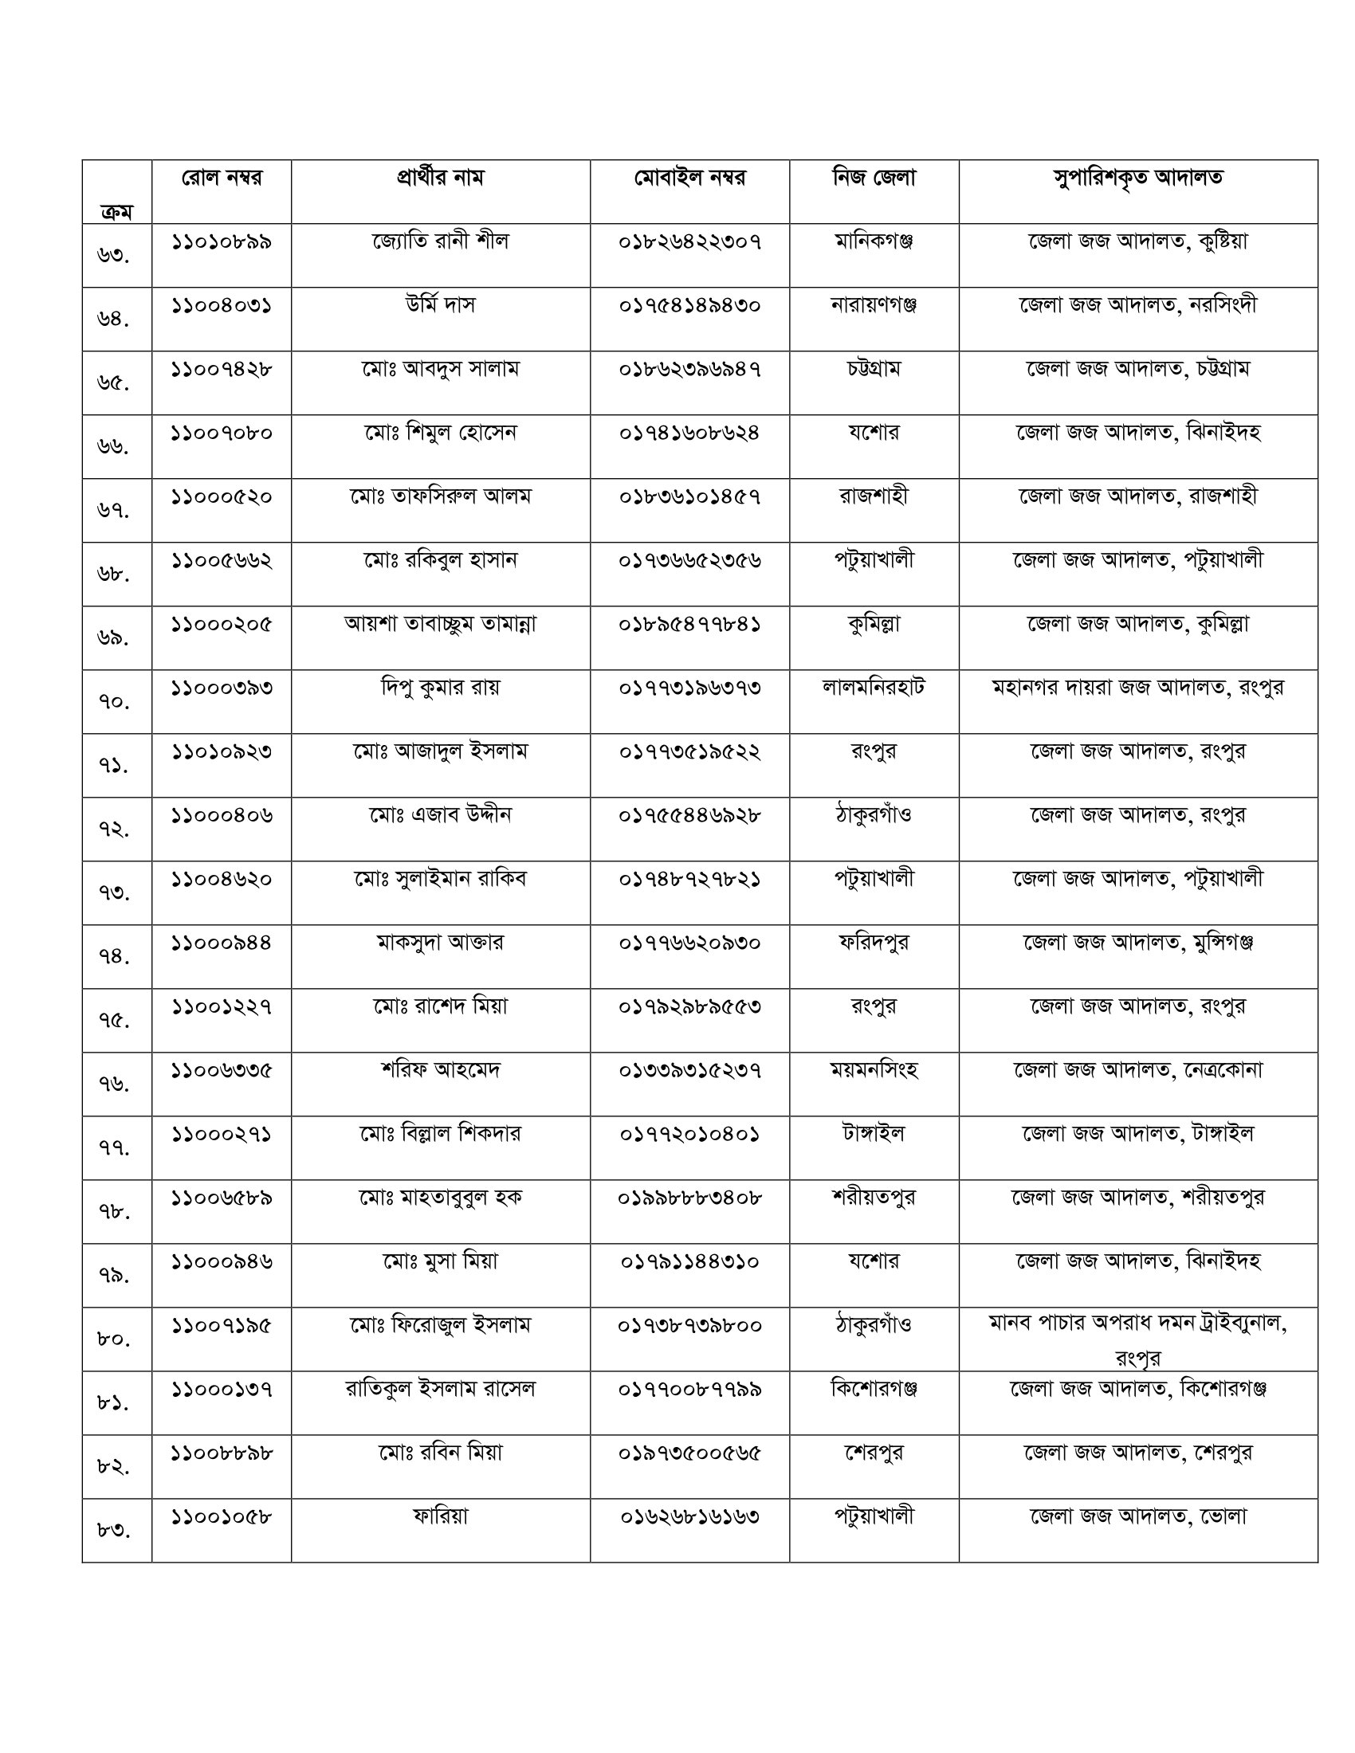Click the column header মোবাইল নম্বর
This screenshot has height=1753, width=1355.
(689, 178)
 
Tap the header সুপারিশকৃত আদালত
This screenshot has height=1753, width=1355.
(1137, 178)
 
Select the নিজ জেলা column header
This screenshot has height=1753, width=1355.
(874, 178)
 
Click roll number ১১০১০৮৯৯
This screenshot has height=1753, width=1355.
(222, 241)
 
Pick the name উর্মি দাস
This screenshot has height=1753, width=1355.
(440, 305)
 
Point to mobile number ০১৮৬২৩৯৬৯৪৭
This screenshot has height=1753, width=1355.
(689, 369)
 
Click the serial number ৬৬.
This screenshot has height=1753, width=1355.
(113, 446)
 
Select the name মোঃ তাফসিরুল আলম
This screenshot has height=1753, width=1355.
(440, 497)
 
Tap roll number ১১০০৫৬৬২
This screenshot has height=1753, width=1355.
(222, 560)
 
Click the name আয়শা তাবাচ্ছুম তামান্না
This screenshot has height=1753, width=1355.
(440, 624)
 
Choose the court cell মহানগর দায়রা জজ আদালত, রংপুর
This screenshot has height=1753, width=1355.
(1137, 688)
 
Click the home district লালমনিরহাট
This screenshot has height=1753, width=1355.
(874, 688)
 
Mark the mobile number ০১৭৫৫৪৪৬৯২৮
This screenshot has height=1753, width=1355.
(689, 815)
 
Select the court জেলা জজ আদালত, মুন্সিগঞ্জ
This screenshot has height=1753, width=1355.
(1137, 943)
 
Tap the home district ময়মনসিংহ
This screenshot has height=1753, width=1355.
(874, 1070)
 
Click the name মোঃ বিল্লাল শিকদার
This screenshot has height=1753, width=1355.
(440, 1134)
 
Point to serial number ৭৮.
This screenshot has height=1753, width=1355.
(113, 1211)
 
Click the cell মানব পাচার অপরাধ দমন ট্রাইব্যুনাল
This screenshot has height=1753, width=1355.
(1137, 1325)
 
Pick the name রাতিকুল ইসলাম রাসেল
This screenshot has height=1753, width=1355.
(440, 1389)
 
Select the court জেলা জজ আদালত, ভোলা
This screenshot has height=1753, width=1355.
(1137, 1516)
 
